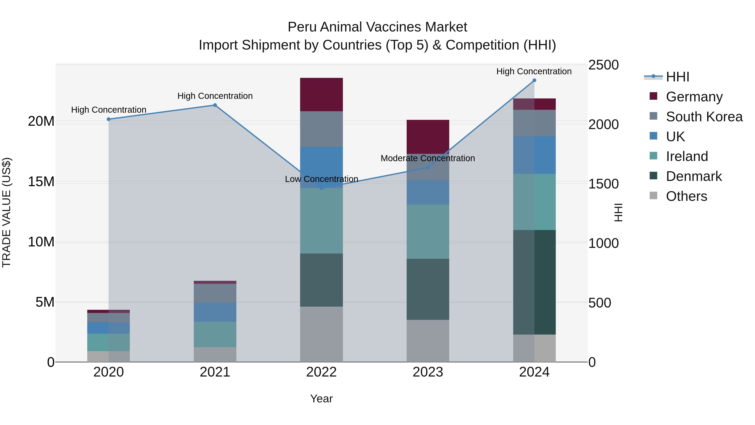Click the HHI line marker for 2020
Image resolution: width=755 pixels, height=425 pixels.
pyautogui.click(x=108, y=119)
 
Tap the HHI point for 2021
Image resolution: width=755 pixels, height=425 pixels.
pyautogui.click(x=215, y=105)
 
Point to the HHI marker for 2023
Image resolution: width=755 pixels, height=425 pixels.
pyautogui.click(x=428, y=167)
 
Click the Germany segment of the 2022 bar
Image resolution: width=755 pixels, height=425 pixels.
pyautogui.click(x=322, y=94)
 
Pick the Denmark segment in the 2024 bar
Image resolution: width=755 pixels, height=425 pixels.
pyautogui.click(x=534, y=282)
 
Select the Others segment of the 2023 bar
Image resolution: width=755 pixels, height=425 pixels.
pyautogui.click(x=428, y=341)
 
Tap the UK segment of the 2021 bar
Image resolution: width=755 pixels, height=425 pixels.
pyautogui.click(x=215, y=312)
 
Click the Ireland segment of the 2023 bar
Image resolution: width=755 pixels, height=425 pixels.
pyautogui.click(x=428, y=232)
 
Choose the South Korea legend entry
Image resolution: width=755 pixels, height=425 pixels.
pyautogui.click(x=704, y=117)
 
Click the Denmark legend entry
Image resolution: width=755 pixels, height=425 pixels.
pyautogui.click(x=694, y=176)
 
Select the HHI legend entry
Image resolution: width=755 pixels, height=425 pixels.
pyautogui.click(x=677, y=77)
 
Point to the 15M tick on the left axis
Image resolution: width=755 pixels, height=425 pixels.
pyautogui.click(x=41, y=182)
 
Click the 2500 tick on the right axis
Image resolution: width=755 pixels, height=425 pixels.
pyautogui.click(x=603, y=65)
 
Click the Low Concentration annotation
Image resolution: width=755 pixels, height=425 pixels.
pyautogui.click(x=322, y=179)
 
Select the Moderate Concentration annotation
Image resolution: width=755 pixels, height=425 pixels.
pyautogui.click(x=428, y=158)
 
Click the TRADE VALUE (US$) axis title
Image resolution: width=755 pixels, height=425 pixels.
pyautogui.click(x=7, y=212)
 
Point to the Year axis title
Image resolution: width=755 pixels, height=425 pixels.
pyautogui.click(x=322, y=399)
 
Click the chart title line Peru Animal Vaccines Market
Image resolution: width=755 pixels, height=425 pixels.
pyautogui.click(x=377, y=27)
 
